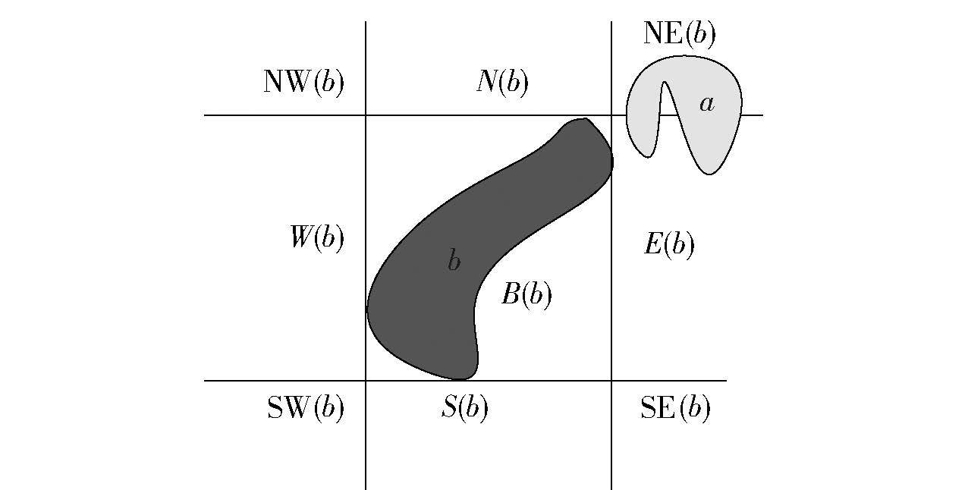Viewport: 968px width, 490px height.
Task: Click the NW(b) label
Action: (x=303, y=82)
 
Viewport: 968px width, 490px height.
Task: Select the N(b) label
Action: (x=502, y=82)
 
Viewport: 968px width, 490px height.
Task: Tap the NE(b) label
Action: (x=679, y=34)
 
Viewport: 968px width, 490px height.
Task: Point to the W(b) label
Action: (x=317, y=238)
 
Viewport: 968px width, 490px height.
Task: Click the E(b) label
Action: (x=668, y=244)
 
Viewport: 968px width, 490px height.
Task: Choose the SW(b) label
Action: (x=306, y=409)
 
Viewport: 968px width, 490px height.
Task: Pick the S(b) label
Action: (x=464, y=409)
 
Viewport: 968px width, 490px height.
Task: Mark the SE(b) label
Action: (x=675, y=409)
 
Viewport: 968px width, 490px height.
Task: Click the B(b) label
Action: (x=526, y=295)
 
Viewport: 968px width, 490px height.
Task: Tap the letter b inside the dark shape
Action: (x=454, y=262)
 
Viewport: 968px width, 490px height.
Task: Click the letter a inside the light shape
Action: (x=706, y=104)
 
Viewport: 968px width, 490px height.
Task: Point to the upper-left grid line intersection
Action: (x=366, y=115)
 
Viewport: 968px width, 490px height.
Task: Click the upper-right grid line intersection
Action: (x=611, y=115)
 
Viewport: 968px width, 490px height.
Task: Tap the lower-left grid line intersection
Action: (x=366, y=381)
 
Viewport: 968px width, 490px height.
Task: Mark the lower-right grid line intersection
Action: (x=611, y=381)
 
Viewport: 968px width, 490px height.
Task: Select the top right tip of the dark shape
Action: (x=583, y=120)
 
